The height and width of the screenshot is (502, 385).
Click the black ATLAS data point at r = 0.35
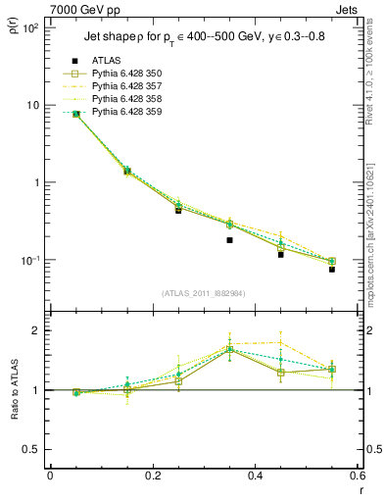[x=229, y=239]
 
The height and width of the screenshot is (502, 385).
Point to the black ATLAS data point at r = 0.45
[x=281, y=254]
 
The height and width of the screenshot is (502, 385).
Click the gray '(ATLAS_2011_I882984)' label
[x=203, y=293]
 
